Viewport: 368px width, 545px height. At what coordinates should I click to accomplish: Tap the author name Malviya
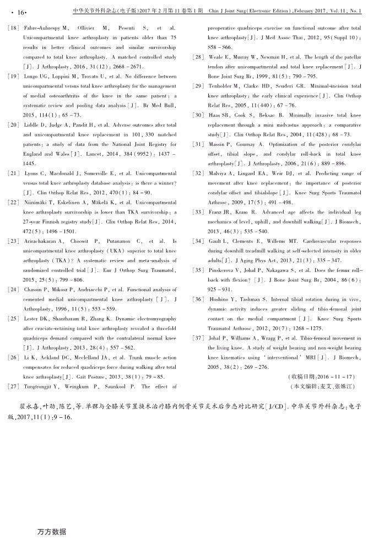pos(219,173)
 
